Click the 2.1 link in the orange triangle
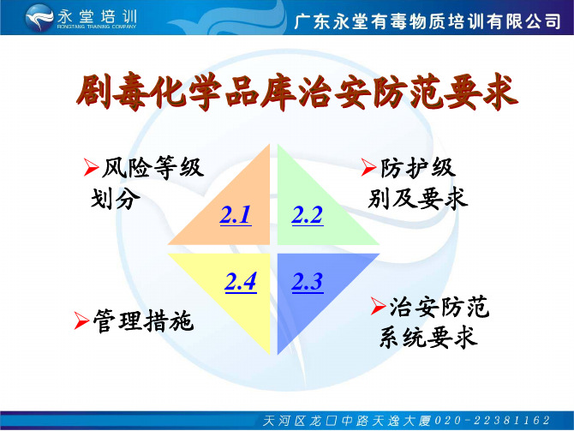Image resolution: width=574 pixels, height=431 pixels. pyautogui.click(x=236, y=215)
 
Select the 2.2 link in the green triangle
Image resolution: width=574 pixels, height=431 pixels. pyautogui.click(x=308, y=215)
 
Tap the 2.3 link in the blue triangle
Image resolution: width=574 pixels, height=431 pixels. pyautogui.click(x=308, y=282)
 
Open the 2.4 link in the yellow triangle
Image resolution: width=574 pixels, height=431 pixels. pyautogui.click(x=241, y=282)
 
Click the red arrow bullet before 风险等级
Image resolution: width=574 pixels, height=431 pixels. pyautogui.click(x=91, y=167)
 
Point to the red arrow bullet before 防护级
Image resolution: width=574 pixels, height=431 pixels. pyautogui.click(x=368, y=167)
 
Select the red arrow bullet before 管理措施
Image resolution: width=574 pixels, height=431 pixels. pyautogui.click(x=81, y=320)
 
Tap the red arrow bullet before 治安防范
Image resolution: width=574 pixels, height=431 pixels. pyautogui.click(x=378, y=306)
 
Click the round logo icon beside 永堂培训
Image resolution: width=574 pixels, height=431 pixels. pyautogui.click(x=39, y=17)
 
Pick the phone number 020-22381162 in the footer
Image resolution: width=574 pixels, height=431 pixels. pyautogui.click(x=492, y=421)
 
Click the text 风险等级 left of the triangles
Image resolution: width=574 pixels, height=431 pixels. pyautogui.click(x=152, y=167)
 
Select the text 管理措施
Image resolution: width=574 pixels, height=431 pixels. pyautogui.click(x=143, y=320)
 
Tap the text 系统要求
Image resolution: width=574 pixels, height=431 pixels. pyautogui.click(x=428, y=337)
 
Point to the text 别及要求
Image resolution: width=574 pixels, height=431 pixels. pyautogui.click(x=418, y=199)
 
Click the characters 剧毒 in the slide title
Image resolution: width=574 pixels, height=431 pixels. pyautogui.click(x=111, y=92)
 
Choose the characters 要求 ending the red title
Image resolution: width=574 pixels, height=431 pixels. pyautogui.click(x=481, y=92)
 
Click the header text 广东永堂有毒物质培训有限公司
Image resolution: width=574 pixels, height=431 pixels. pyautogui.click(x=428, y=21)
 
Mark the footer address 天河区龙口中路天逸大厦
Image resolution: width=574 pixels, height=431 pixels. pyautogui.click(x=347, y=421)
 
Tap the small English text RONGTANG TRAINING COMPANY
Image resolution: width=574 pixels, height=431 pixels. pyautogui.click(x=97, y=27)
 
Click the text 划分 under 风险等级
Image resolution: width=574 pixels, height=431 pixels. pyautogui.click(x=116, y=199)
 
